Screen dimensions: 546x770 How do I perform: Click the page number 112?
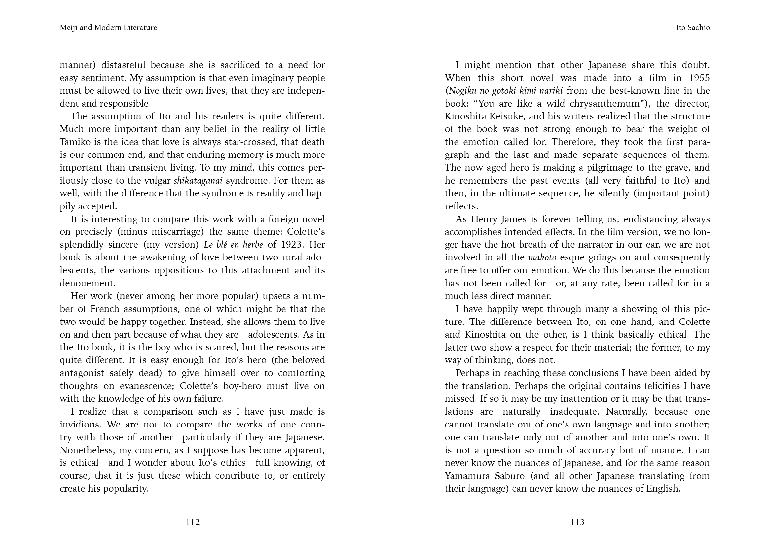click(x=193, y=522)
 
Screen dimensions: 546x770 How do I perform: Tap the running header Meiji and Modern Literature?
click(x=108, y=28)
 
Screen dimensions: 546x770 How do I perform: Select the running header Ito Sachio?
click(x=693, y=28)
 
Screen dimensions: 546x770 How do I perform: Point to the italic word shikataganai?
click(x=198, y=181)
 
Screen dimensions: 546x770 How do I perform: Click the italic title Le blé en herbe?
click(x=233, y=245)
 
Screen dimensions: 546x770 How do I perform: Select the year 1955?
click(x=699, y=78)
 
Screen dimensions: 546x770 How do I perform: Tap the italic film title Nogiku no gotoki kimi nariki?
click(x=506, y=91)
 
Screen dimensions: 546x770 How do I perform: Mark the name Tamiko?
click(x=75, y=142)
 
